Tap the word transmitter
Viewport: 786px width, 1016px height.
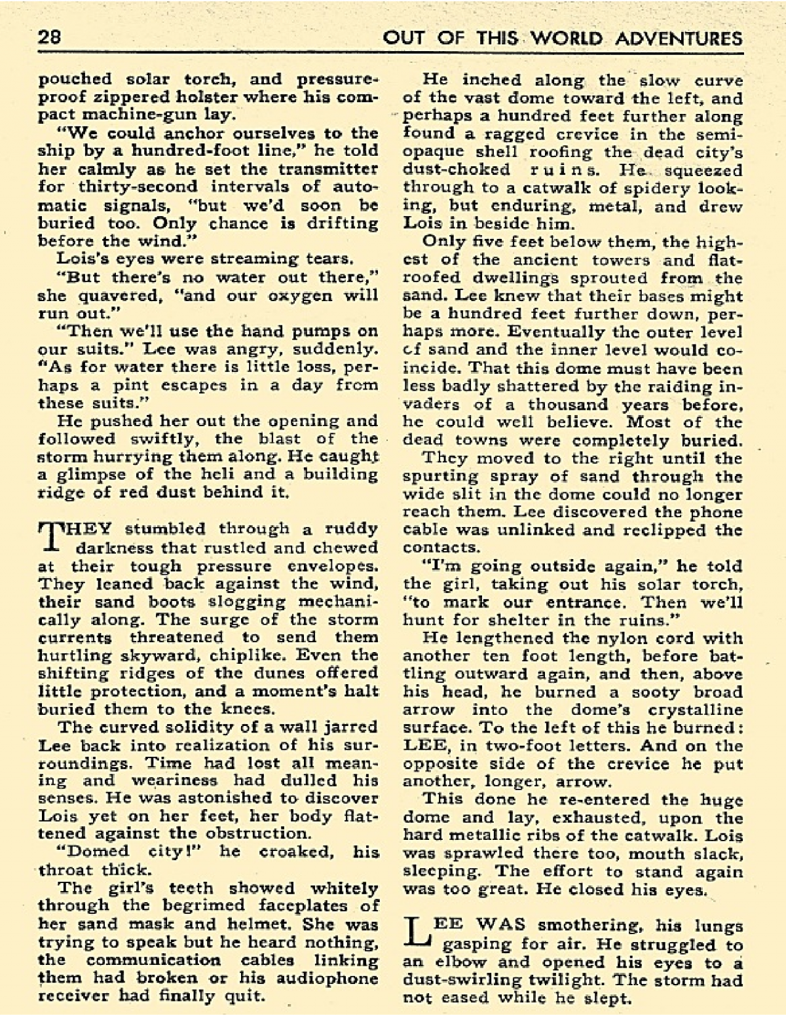[335, 169]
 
